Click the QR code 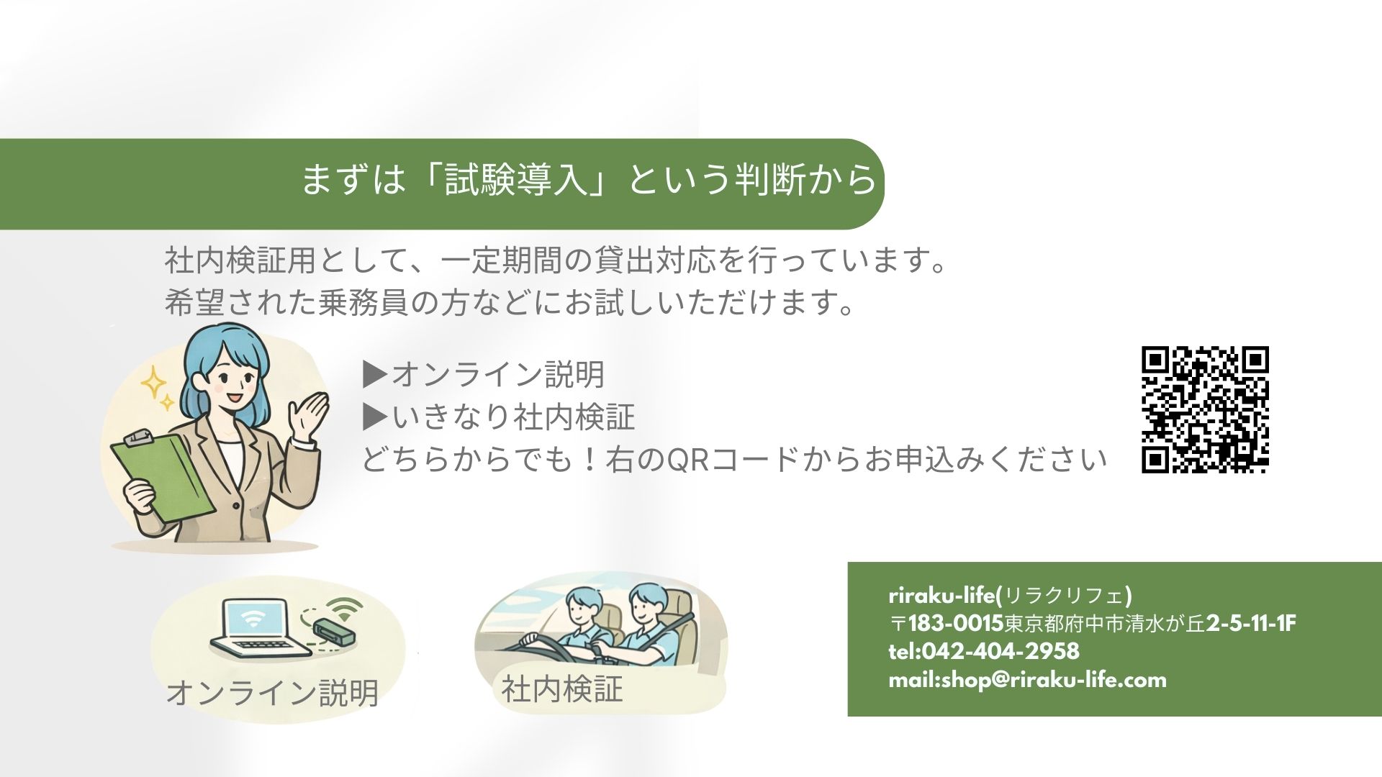tap(1205, 410)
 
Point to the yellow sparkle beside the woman tap(154, 383)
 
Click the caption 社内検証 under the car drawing tap(562, 689)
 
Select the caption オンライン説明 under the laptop tap(272, 692)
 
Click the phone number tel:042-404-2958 tap(984, 651)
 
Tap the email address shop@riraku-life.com tap(1054, 680)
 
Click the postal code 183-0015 tap(956, 623)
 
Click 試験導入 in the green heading tap(517, 179)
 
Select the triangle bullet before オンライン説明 tap(376, 373)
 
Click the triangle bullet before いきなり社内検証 tap(376, 416)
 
